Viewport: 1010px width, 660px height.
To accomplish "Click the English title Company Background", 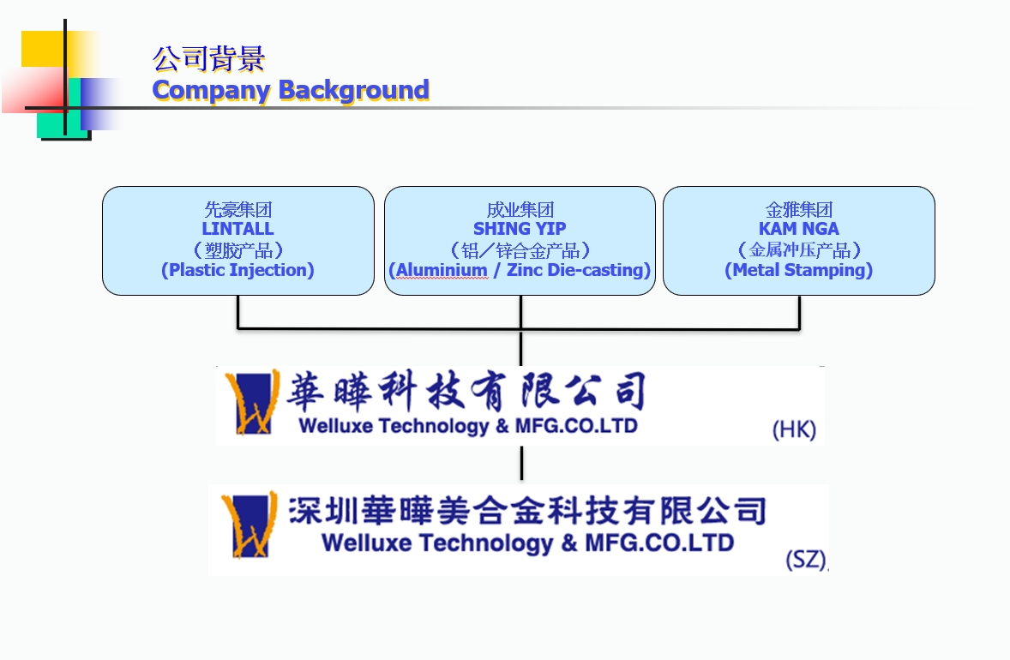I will pyautogui.click(x=291, y=90).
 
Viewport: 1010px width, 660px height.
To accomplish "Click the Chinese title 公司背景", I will pyautogui.click(x=208, y=58).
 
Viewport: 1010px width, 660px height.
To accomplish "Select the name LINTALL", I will pyautogui.click(x=237, y=229).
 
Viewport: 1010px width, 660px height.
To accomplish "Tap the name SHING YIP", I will pyautogui.click(x=520, y=229).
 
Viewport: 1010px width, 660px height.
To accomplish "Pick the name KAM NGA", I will pyautogui.click(x=798, y=229).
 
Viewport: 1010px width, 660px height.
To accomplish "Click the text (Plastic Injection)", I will pyautogui.click(x=237, y=270).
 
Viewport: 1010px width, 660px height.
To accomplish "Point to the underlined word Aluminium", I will pyautogui.click(x=442, y=270).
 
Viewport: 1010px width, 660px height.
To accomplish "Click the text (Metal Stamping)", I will pyautogui.click(x=798, y=270).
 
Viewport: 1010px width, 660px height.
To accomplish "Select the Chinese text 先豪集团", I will pyautogui.click(x=237, y=209).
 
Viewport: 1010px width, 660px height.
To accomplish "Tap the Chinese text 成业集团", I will pyautogui.click(x=520, y=209).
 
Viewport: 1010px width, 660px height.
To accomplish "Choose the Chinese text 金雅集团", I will pyautogui.click(x=798, y=209).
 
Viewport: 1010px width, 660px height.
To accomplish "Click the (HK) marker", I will pyautogui.click(x=794, y=429).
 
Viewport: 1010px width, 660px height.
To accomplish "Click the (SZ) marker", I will pyautogui.click(x=806, y=560).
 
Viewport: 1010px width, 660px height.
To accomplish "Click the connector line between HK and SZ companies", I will pyautogui.click(x=521, y=464).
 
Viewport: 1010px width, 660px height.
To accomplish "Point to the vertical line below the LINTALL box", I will pyautogui.click(x=237, y=312).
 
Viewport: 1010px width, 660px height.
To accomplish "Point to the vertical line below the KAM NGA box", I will pyautogui.click(x=799, y=312).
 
